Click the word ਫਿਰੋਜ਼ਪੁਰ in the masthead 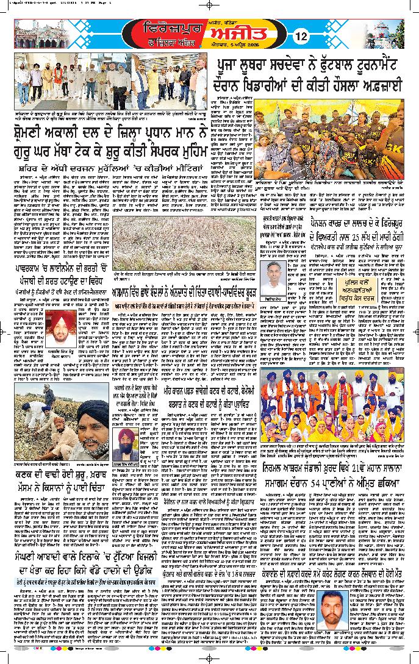[165, 29]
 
